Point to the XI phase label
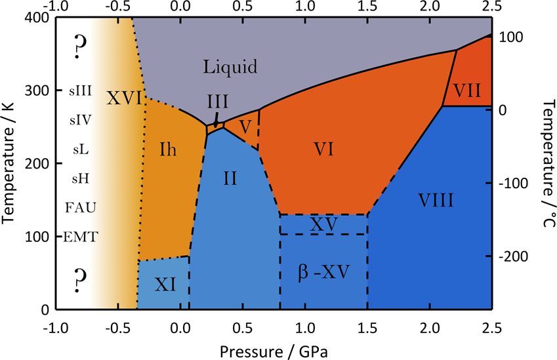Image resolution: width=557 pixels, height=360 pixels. [164, 284]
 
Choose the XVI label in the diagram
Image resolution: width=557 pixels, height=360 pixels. [124, 98]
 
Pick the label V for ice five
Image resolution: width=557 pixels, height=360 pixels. [245, 126]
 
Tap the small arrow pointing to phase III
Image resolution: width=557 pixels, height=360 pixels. [216, 120]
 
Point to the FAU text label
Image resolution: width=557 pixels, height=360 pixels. [81, 208]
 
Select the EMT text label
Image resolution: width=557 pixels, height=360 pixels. [81, 237]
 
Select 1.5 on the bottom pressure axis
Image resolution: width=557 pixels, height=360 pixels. [367, 327]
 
